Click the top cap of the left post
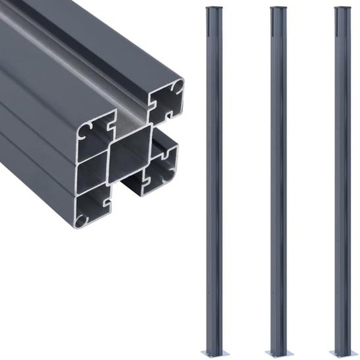214,9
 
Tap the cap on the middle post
278,9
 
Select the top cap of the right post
343,9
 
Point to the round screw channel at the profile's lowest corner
81,221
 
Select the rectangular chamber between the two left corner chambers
91,175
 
